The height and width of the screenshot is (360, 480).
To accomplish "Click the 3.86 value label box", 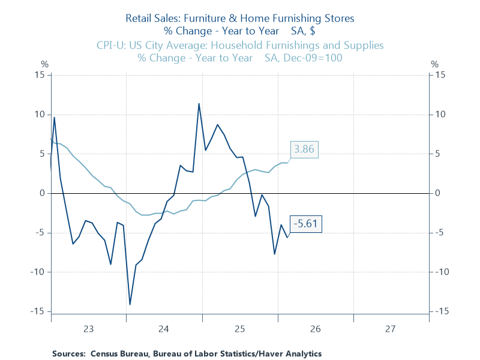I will tap(304, 149).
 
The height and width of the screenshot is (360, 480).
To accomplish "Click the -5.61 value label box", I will tap(307, 225).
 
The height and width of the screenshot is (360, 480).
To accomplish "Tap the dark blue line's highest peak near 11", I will tap(199, 104).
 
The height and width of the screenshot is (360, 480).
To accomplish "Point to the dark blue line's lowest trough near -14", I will tap(130, 304).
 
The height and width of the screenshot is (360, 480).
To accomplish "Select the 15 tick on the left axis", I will tap(40, 75).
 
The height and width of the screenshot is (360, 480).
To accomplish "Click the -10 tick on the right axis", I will tap(442, 272).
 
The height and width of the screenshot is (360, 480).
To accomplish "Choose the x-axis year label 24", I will tap(164, 329).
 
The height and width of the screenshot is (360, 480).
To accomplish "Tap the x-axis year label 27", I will tap(391, 329).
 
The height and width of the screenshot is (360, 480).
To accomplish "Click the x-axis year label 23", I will tap(88, 329).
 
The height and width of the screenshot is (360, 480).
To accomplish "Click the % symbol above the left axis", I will tap(44, 64).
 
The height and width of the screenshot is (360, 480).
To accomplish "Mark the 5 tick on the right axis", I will tap(438, 154).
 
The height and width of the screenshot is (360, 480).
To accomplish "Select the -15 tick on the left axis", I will tap(39, 311).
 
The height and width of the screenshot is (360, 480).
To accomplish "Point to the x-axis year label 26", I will tap(315, 329).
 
